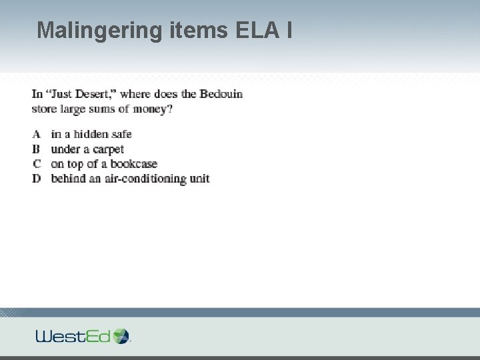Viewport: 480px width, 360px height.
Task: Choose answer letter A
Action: pyautogui.click(x=37, y=134)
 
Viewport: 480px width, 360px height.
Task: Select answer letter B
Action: pyautogui.click(x=37, y=149)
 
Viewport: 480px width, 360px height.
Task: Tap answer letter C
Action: pyautogui.click(x=37, y=163)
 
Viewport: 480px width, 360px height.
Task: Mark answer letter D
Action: pyautogui.click(x=37, y=178)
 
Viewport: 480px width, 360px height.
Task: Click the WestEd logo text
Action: pyautogui.click(x=73, y=335)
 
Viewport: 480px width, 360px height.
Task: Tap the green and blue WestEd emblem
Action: pyautogui.click(x=121, y=335)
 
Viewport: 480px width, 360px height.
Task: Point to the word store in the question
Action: pyautogui.click(x=44, y=109)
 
